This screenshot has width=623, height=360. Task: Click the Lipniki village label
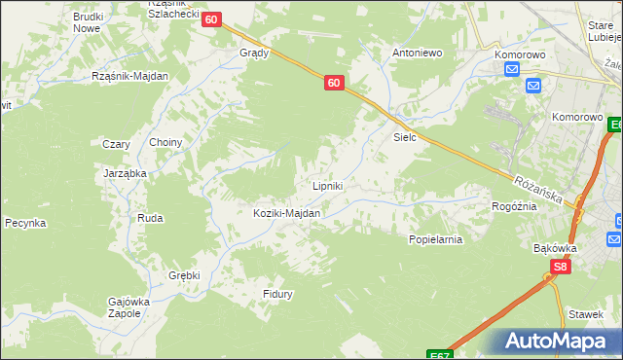[x=326, y=186]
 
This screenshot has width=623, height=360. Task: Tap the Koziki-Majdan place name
[x=286, y=213]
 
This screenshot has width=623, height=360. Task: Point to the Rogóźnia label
[x=515, y=206]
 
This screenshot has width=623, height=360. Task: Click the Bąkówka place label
[x=556, y=247]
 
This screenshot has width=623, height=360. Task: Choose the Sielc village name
[x=405, y=137]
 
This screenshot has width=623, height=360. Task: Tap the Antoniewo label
[x=417, y=53]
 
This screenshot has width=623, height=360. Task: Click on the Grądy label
[x=254, y=54]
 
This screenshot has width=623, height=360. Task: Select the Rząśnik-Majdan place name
[x=129, y=76]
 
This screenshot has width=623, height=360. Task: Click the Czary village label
[x=117, y=144]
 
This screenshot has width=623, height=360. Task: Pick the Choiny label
[x=165, y=142]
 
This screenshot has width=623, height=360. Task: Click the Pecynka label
[x=25, y=223]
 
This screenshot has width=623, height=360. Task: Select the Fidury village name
[x=277, y=293]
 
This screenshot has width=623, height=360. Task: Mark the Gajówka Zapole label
[x=128, y=307]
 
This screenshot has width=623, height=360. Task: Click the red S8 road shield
[x=560, y=267]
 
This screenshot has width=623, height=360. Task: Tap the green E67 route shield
[x=440, y=355]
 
